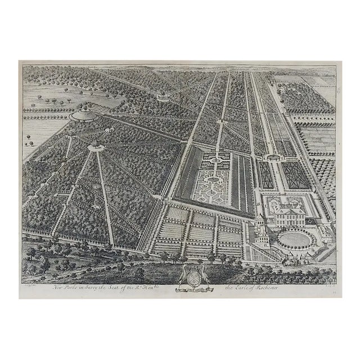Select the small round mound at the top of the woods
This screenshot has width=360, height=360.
(x=164, y=96)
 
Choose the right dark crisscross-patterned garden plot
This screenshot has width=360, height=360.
(x=296, y=175)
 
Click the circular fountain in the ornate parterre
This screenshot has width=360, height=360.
(x=213, y=180)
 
